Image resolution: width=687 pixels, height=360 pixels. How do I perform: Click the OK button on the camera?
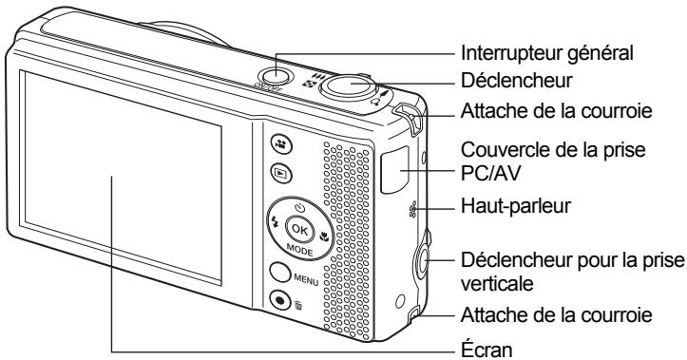300,229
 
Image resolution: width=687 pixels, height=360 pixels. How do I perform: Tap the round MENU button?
280,273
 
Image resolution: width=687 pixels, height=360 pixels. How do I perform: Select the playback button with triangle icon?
281,174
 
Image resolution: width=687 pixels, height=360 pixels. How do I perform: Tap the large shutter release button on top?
349,85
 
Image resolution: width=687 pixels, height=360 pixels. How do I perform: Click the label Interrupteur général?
547,53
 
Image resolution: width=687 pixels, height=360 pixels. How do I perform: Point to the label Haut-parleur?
516,206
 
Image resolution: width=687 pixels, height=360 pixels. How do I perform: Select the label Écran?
487,349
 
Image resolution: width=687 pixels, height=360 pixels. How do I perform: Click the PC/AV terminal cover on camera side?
394,170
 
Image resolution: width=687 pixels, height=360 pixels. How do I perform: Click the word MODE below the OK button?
299,250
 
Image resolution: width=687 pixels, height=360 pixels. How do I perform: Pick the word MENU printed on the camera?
306,278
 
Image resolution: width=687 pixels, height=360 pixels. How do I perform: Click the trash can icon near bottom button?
298,305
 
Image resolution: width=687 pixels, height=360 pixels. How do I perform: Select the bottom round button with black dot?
280,300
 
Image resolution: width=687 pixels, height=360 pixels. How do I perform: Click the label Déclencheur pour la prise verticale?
572,272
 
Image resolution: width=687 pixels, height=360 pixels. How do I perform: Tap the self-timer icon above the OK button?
299,208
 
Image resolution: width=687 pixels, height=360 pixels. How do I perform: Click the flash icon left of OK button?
276,222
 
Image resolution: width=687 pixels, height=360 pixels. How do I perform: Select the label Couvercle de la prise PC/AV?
553,161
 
